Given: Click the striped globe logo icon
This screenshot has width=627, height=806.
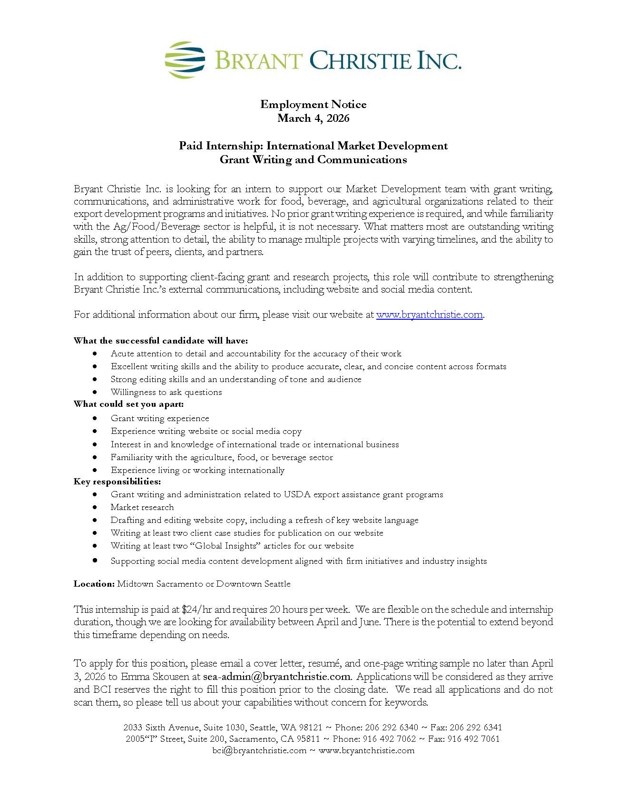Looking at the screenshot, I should pyautogui.click(x=185, y=60).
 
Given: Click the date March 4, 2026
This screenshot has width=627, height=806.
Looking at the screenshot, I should pyautogui.click(x=313, y=118).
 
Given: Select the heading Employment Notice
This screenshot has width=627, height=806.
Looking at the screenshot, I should pyautogui.click(x=313, y=104).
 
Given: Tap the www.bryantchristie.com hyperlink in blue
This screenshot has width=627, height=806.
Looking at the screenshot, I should pyautogui.click(x=429, y=315).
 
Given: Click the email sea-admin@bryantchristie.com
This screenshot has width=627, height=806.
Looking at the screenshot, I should pyautogui.click(x=276, y=677).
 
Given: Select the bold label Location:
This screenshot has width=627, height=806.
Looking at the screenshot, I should pyautogui.click(x=94, y=584).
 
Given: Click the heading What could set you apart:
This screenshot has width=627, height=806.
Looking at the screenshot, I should pyautogui.click(x=128, y=404).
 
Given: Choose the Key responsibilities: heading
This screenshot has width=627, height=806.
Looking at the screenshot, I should pyautogui.click(x=117, y=482).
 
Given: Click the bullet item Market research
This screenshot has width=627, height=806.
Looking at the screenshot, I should pyautogui.click(x=142, y=507).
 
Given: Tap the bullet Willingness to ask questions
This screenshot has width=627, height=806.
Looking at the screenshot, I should pyautogui.click(x=166, y=392).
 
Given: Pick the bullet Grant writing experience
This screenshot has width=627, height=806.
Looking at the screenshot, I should pyautogui.click(x=160, y=418).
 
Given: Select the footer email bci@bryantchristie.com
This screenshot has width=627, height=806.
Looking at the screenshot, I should pyautogui.click(x=259, y=750).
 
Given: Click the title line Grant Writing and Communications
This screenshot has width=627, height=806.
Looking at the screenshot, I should pyautogui.click(x=313, y=160).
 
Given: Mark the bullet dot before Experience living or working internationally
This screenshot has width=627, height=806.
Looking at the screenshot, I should pyautogui.click(x=96, y=470).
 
